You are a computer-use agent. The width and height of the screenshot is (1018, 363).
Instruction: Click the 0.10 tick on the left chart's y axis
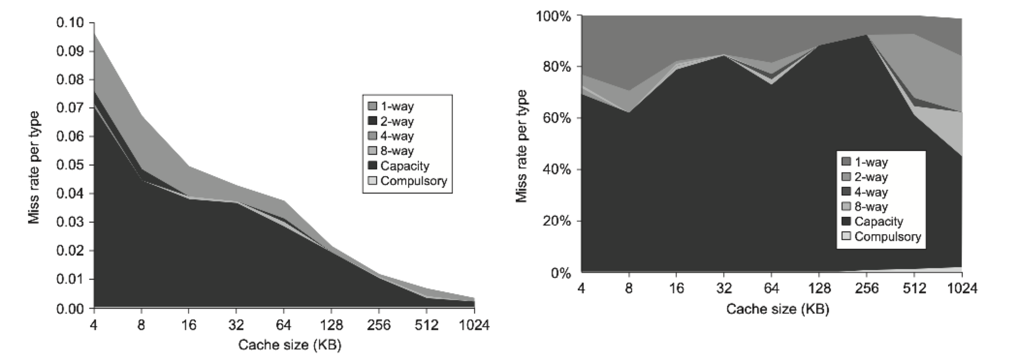[70, 23]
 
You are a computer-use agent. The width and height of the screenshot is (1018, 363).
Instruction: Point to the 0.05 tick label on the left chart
[70, 165]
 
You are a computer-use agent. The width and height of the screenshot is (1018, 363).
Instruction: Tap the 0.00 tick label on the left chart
[70, 308]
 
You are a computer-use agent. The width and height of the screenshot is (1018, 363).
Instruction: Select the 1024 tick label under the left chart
[474, 325]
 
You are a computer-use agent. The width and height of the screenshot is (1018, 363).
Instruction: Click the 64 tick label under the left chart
[284, 325]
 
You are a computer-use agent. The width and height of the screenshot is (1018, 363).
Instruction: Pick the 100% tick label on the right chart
[553, 16]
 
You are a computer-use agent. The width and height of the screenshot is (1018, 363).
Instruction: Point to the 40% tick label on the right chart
[557, 170]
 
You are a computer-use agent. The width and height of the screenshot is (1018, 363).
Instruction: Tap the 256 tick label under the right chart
[866, 288]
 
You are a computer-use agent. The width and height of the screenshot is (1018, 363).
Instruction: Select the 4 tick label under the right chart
[581, 288]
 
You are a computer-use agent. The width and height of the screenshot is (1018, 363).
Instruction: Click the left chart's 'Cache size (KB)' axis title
[290, 345]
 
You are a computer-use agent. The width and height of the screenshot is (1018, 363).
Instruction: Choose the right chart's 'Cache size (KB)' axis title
[778, 309]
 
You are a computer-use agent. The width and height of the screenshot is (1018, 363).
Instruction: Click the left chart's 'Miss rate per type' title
[33, 167]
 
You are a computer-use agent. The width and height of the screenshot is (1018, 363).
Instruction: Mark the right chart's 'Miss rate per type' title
[521, 146]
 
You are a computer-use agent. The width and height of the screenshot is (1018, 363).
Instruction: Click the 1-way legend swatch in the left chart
[372, 106]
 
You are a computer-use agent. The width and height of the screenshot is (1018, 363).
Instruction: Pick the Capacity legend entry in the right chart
[878, 222]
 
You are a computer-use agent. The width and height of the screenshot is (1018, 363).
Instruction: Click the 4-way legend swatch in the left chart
[372, 136]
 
